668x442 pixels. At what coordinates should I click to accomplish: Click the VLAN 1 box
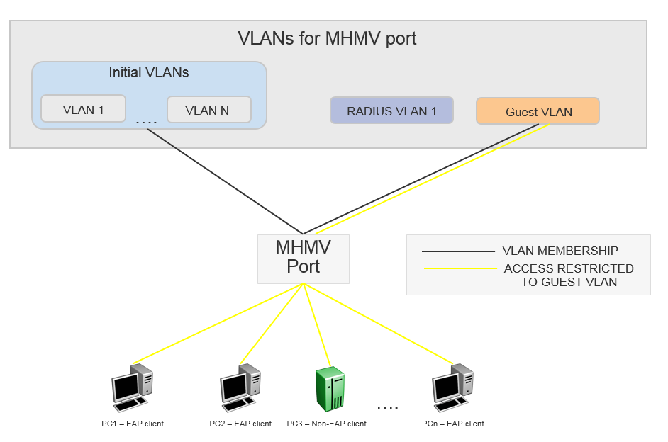pyautogui.click(x=83, y=109)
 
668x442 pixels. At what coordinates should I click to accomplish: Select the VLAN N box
pyautogui.click(x=208, y=110)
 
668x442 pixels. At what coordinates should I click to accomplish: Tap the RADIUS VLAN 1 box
pyautogui.click(x=391, y=110)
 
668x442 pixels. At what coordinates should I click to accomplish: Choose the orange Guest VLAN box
pyautogui.click(x=538, y=111)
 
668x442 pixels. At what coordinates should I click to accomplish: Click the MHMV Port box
pyautogui.click(x=303, y=258)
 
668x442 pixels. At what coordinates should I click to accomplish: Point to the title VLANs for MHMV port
pyautogui.click(x=328, y=38)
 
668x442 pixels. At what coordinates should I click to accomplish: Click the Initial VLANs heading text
pyautogui.click(x=148, y=72)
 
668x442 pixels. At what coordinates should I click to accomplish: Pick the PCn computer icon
pyautogui.click(x=452, y=386)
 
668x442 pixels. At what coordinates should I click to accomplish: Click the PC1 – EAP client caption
pyautogui.click(x=133, y=424)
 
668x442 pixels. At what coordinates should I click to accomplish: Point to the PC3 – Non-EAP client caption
pyautogui.click(x=326, y=424)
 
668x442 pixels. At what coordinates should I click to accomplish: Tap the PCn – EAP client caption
pyautogui.click(x=452, y=424)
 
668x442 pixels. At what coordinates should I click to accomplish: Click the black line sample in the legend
pyautogui.click(x=458, y=251)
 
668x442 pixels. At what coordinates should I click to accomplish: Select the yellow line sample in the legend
pyautogui.click(x=460, y=268)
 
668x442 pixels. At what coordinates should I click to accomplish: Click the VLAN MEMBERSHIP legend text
pyautogui.click(x=560, y=251)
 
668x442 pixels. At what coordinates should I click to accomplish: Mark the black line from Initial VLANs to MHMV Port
pyautogui.click(x=226, y=182)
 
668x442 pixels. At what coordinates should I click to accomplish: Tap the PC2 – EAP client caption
pyautogui.click(x=240, y=424)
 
